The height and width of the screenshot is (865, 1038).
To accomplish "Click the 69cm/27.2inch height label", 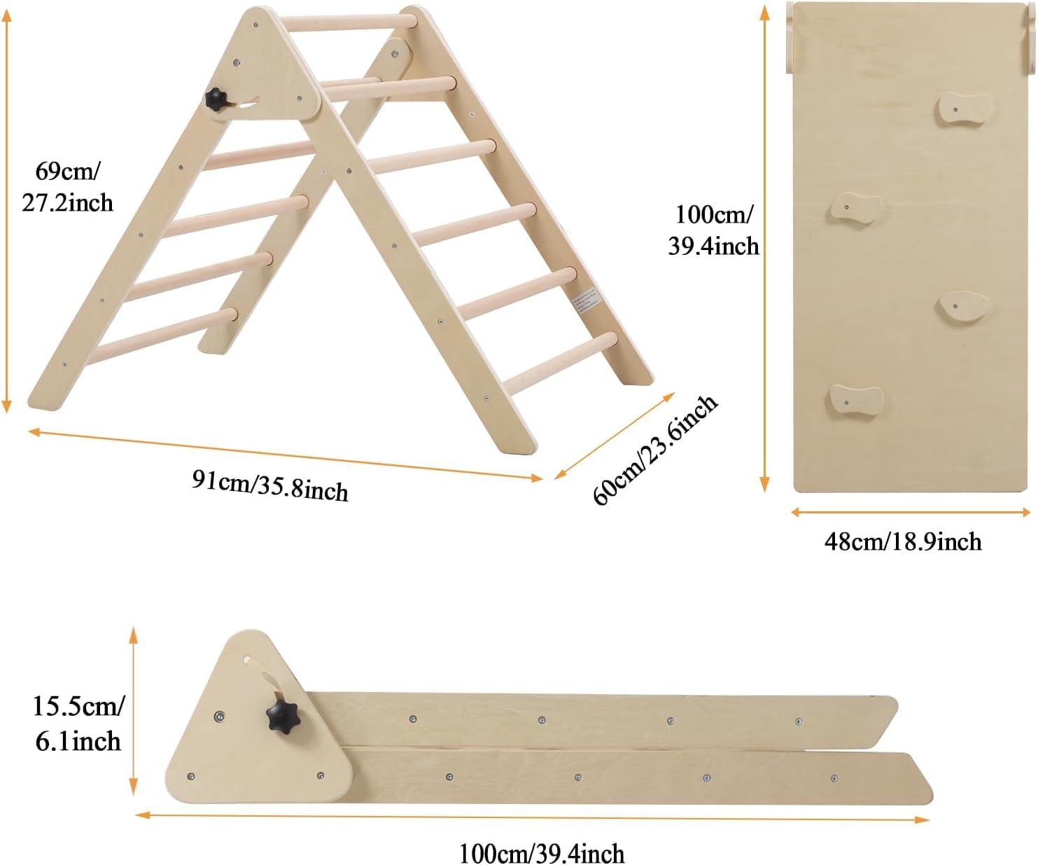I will pos(67,187).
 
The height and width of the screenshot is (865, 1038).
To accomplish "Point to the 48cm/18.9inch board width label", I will pos(902,541).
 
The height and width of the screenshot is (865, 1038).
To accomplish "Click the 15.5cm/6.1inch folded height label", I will pos(78,724).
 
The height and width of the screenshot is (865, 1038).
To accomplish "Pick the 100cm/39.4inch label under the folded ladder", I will pos(541,853).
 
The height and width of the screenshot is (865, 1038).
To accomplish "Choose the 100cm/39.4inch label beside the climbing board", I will pos(713,230).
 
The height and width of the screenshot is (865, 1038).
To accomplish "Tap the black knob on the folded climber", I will pos(282,717).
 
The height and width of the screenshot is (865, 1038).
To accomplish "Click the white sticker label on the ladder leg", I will pos(585,298).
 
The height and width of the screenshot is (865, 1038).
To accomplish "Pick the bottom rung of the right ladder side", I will pos(560,362).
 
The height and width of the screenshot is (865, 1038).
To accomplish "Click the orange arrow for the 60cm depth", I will pos(615,436).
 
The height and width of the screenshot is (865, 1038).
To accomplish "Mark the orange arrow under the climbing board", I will pos(911,513).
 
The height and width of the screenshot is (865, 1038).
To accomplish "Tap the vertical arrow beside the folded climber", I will pos(132,711).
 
